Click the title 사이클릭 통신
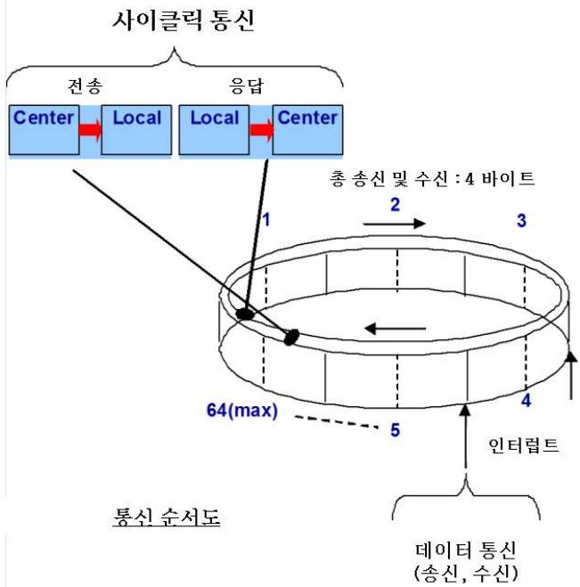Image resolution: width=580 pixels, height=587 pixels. tap(184, 20)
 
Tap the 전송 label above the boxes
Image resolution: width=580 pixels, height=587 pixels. tap(85, 86)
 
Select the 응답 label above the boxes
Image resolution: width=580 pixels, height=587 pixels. tap(247, 86)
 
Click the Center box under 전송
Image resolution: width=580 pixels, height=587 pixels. tap(45, 129)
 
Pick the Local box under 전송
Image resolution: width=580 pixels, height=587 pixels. tap(136, 129)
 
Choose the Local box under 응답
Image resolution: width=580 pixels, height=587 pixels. tap(214, 129)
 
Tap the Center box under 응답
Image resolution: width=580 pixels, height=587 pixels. tap(307, 129)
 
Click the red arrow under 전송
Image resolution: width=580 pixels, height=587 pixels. tap(91, 130)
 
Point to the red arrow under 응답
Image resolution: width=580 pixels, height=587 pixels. tap(261, 130)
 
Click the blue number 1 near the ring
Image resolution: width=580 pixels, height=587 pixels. tap(265, 220)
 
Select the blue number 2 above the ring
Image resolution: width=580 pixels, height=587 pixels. tap(395, 205)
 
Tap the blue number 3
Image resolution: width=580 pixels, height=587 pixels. tap(521, 221)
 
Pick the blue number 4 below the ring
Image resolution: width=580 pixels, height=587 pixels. tap(526, 401)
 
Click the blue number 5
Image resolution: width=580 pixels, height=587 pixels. tap(395, 429)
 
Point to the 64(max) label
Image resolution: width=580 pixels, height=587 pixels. tap(242, 411)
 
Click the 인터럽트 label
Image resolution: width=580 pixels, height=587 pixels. tap(524, 445)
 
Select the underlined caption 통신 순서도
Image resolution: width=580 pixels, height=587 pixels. tap(167, 517)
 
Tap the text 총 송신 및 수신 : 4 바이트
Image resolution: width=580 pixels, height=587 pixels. tap(432, 178)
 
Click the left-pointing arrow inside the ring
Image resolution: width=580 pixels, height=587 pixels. tap(395, 329)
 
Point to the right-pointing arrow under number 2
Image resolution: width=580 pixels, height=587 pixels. tap(395, 224)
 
